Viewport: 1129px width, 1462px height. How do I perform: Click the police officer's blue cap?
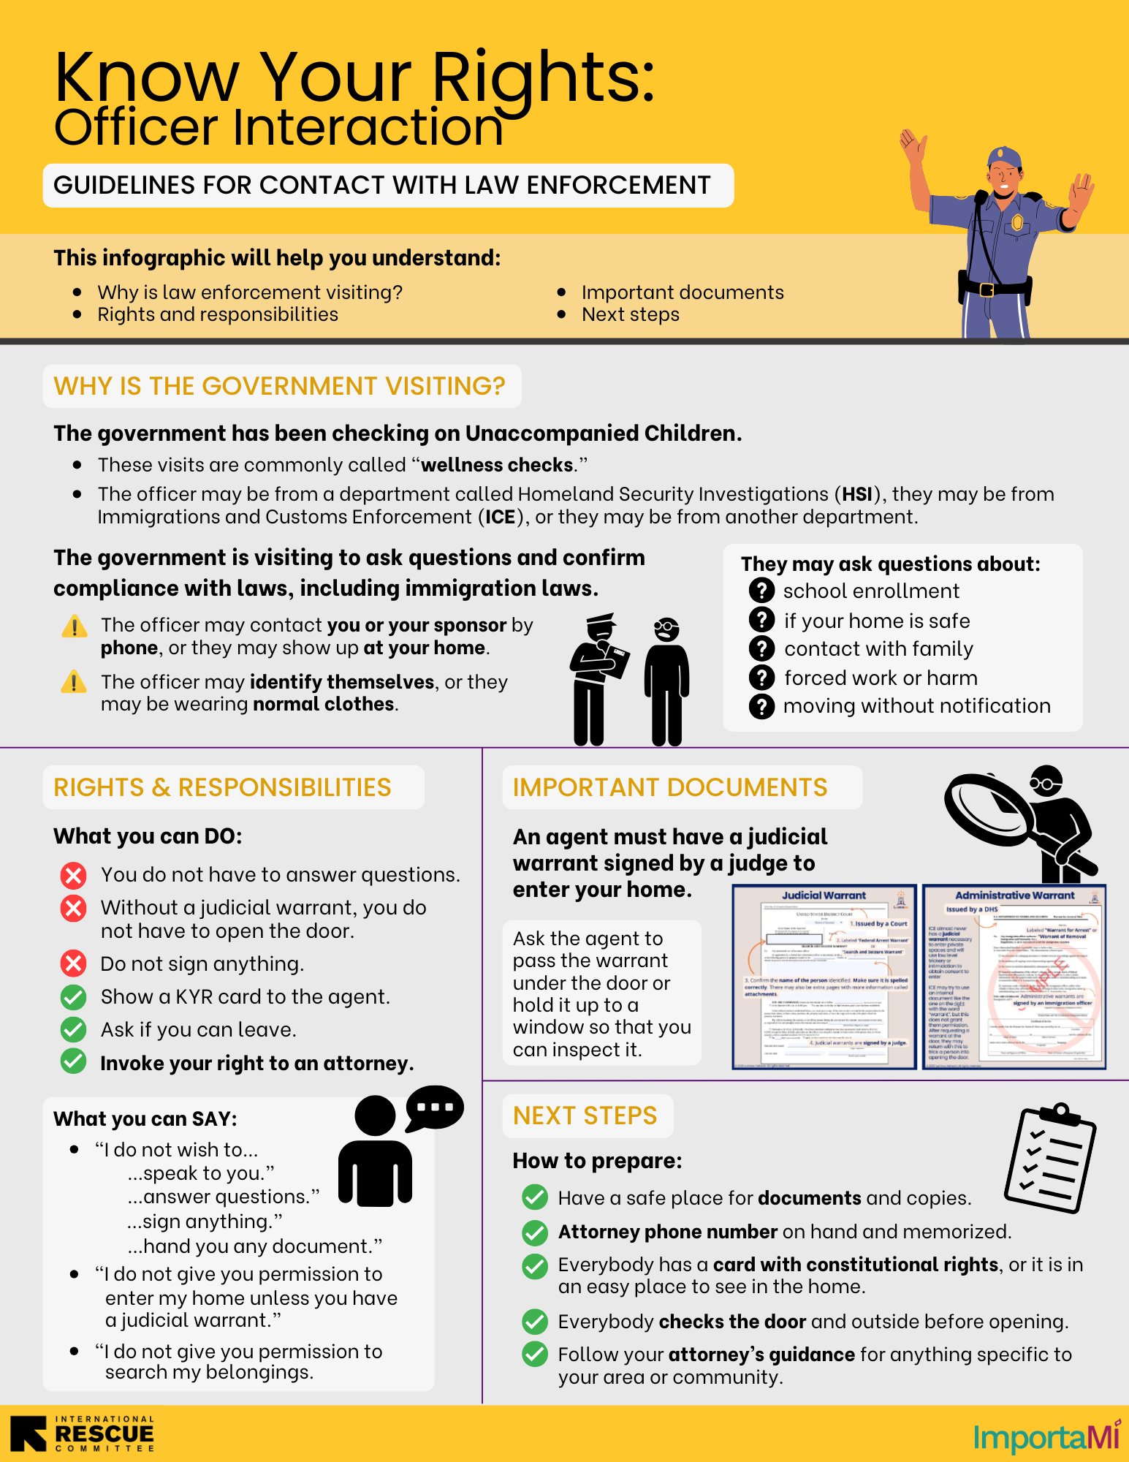click(1005, 157)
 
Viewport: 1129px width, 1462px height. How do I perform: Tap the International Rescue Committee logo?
click(83, 1433)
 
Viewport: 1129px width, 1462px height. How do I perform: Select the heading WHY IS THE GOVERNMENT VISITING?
click(280, 386)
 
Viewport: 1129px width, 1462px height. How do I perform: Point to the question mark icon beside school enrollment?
click(761, 590)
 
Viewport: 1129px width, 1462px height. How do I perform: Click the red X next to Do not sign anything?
click(73, 963)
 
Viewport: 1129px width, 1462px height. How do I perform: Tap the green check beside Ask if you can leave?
click(73, 1029)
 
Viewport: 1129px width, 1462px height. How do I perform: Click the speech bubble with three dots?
click(435, 1107)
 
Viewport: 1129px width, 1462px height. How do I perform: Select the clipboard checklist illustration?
click(1049, 1158)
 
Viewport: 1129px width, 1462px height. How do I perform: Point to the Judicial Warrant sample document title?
click(824, 895)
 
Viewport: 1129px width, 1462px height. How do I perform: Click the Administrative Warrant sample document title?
click(1014, 895)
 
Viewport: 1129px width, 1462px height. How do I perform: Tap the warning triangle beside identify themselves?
click(74, 682)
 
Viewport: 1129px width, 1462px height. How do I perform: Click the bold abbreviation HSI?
click(856, 494)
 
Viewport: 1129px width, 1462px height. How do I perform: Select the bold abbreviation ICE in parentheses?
click(501, 517)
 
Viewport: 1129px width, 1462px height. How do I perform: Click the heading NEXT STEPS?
click(585, 1116)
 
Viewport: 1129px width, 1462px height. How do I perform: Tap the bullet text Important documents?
click(683, 292)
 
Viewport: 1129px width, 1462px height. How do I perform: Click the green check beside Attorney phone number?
click(535, 1232)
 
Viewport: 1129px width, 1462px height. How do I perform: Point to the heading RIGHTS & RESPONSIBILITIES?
click(223, 787)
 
